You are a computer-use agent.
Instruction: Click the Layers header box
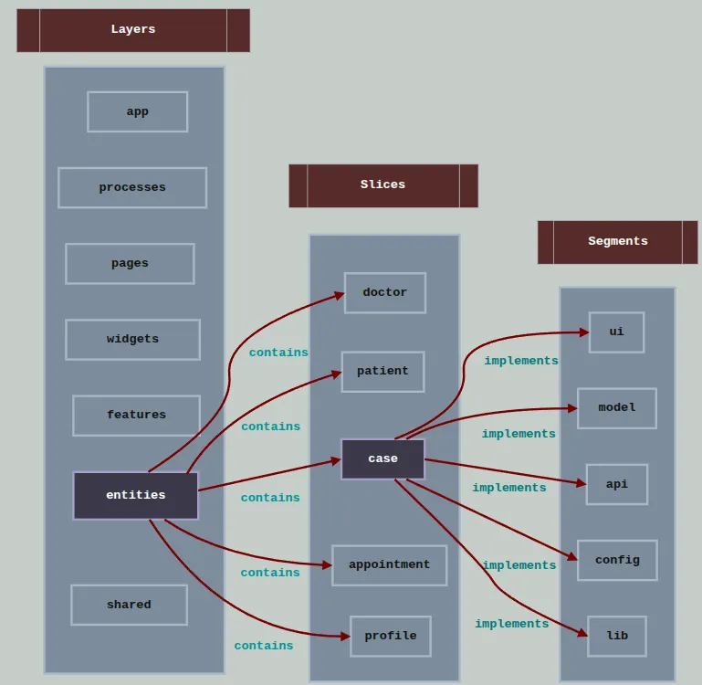point(133,30)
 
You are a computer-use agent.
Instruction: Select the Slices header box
point(383,186)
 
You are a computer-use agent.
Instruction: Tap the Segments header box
point(617,242)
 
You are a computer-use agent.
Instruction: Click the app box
point(138,112)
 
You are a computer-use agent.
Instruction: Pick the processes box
point(132,188)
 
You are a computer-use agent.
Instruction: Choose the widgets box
point(132,340)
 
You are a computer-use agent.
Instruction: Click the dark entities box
point(136,496)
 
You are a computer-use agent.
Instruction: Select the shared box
point(129,605)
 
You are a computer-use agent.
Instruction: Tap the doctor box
point(385,293)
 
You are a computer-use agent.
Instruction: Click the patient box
point(382,372)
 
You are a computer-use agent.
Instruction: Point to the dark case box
point(382,459)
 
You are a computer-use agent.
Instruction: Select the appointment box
point(390,565)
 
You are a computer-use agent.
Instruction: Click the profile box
point(391,637)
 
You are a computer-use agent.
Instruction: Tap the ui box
point(616,332)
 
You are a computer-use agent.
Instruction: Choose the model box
point(617,408)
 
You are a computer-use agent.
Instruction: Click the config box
point(617,561)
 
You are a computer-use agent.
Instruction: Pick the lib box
point(617,637)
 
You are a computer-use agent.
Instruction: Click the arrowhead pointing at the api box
point(582,483)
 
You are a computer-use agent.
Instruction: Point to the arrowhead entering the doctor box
point(340,296)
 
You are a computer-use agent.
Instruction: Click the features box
point(136,416)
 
